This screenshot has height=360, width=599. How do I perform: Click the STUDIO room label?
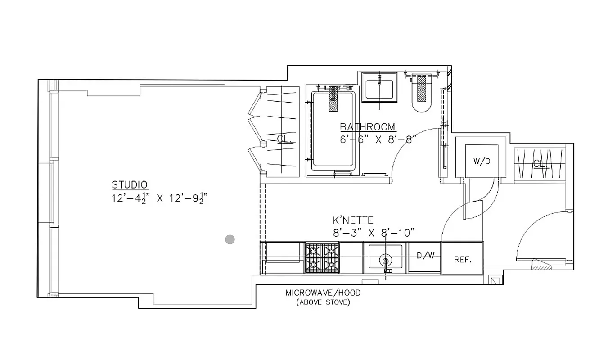(130, 185)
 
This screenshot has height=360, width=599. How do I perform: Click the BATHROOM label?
(367, 127)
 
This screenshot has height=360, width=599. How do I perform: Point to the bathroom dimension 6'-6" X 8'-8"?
(376, 139)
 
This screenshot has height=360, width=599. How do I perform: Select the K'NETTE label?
(353, 220)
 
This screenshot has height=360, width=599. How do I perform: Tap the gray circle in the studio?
(230, 239)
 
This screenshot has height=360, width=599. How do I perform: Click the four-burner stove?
(322, 258)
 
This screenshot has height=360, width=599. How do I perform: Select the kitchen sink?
(385, 257)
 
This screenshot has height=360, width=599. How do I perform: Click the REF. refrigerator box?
(462, 260)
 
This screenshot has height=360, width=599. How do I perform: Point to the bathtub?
(333, 130)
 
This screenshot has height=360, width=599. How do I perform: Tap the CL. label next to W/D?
(540, 164)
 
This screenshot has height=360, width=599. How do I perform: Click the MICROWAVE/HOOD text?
(323, 293)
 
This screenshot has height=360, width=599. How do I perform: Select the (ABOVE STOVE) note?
(323, 302)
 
